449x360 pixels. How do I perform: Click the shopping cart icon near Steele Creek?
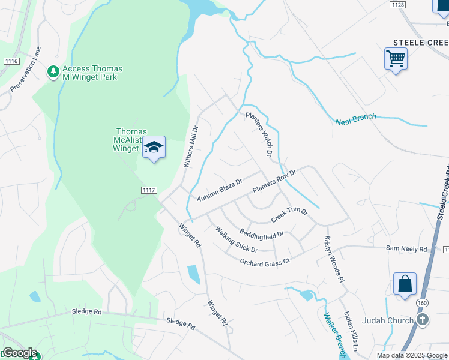[396, 59]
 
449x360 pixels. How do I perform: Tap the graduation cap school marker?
[154, 148]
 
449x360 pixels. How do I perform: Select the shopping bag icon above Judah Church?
[405, 284]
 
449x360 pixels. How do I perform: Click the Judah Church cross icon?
[423, 320]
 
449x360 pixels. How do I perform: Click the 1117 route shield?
[149, 190]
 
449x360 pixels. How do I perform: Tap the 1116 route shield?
[11, 61]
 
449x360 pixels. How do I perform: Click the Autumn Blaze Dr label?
[219, 190]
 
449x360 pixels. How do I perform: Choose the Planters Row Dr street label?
[274, 181]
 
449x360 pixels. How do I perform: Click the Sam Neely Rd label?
[406, 248]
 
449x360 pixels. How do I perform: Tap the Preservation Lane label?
[25, 69]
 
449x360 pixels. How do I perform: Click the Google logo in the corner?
[19, 353]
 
